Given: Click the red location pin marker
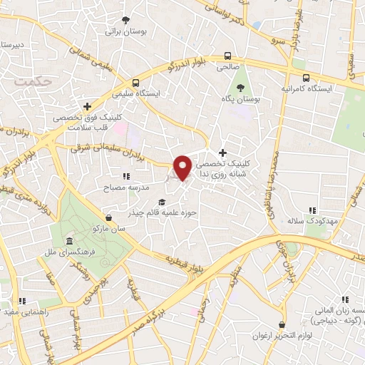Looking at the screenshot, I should [x=183, y=167].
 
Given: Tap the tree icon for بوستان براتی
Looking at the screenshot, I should [x=125, y=20].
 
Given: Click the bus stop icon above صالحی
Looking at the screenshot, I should [x=227, y=55].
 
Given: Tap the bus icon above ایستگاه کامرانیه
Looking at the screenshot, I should [x=305, y=78].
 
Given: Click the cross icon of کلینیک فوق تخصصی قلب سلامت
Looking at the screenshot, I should [x=86, y=106].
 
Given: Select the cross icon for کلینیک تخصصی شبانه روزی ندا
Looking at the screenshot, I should [x=223, y=153].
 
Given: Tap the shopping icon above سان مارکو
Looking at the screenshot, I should [x=107, y=217].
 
